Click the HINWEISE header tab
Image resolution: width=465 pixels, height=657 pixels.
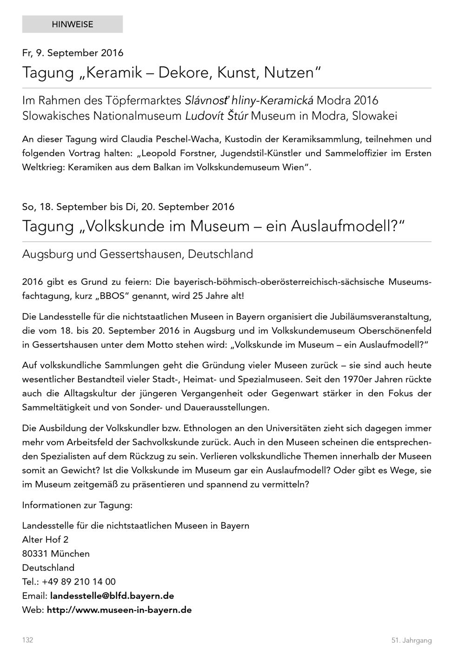pos(72,24)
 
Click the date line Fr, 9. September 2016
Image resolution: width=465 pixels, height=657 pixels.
pos(73,53)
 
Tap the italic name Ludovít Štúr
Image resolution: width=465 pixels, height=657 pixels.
pos(217,116)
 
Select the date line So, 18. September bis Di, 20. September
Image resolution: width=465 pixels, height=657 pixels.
pos(128,207)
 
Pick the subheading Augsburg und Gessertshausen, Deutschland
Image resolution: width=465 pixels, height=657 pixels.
pos(137,254)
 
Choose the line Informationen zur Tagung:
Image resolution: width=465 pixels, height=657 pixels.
pos(77,505)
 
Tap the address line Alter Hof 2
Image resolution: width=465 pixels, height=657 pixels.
pos(45,540)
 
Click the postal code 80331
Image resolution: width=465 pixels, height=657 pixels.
pos(35,554)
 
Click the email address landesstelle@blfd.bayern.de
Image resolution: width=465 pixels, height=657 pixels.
pos(112,596)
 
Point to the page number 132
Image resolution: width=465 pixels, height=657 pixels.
pos(27,640)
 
